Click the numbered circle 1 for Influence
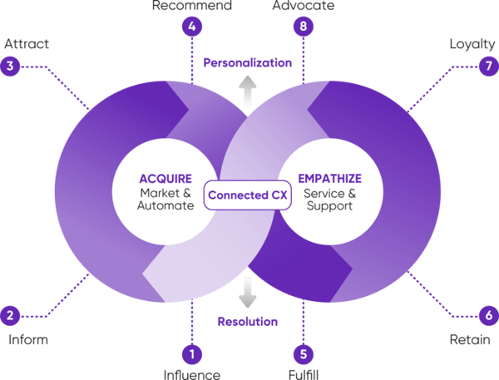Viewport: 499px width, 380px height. point(193,354)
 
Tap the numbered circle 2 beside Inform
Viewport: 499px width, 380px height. point(11,315)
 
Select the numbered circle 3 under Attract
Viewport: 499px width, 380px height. point(11,66)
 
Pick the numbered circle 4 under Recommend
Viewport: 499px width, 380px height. point(193,26)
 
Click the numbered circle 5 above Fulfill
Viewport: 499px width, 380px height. point(304,354)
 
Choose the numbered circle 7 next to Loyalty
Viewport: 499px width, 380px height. point(487,66)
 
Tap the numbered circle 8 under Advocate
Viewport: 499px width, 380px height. point(304,26)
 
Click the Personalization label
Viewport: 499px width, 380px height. point(249,63)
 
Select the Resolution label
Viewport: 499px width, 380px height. point(247,321)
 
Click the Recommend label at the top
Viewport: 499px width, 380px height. point(193,6)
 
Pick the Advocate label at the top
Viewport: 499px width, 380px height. point(304,6)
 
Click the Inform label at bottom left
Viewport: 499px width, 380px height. point(28,339)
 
